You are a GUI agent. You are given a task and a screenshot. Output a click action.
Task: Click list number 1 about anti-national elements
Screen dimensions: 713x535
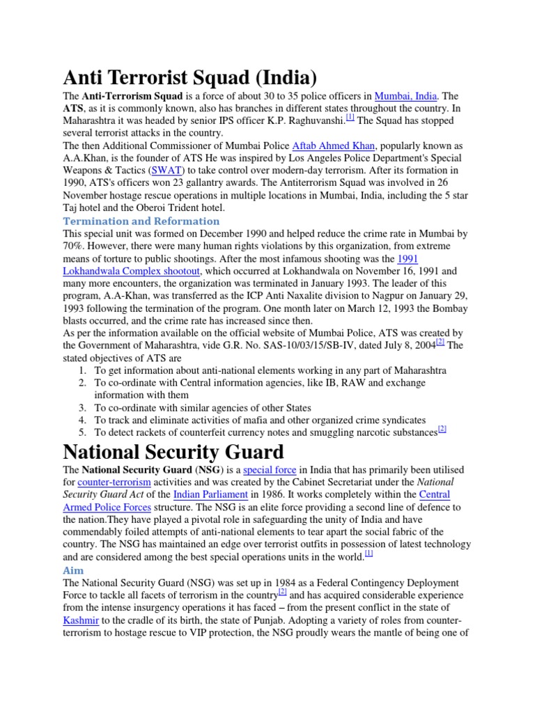82,370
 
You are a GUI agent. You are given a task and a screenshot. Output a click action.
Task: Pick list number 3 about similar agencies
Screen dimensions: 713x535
82,408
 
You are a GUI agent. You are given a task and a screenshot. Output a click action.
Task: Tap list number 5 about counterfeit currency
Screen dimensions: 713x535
82,433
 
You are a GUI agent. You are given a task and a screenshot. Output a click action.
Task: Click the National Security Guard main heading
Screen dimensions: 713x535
173,453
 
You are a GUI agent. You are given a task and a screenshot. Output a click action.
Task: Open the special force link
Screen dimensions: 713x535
270,470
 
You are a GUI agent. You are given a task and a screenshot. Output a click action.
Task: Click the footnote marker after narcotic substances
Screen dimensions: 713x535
442,430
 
